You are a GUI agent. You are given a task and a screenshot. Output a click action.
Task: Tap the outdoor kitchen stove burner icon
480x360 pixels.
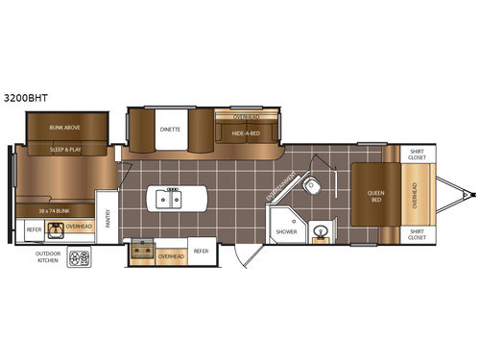pos(79,257)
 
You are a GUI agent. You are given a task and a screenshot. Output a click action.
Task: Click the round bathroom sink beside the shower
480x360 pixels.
pos(320,230)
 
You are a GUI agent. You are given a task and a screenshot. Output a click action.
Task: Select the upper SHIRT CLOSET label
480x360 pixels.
pos(417,156)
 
